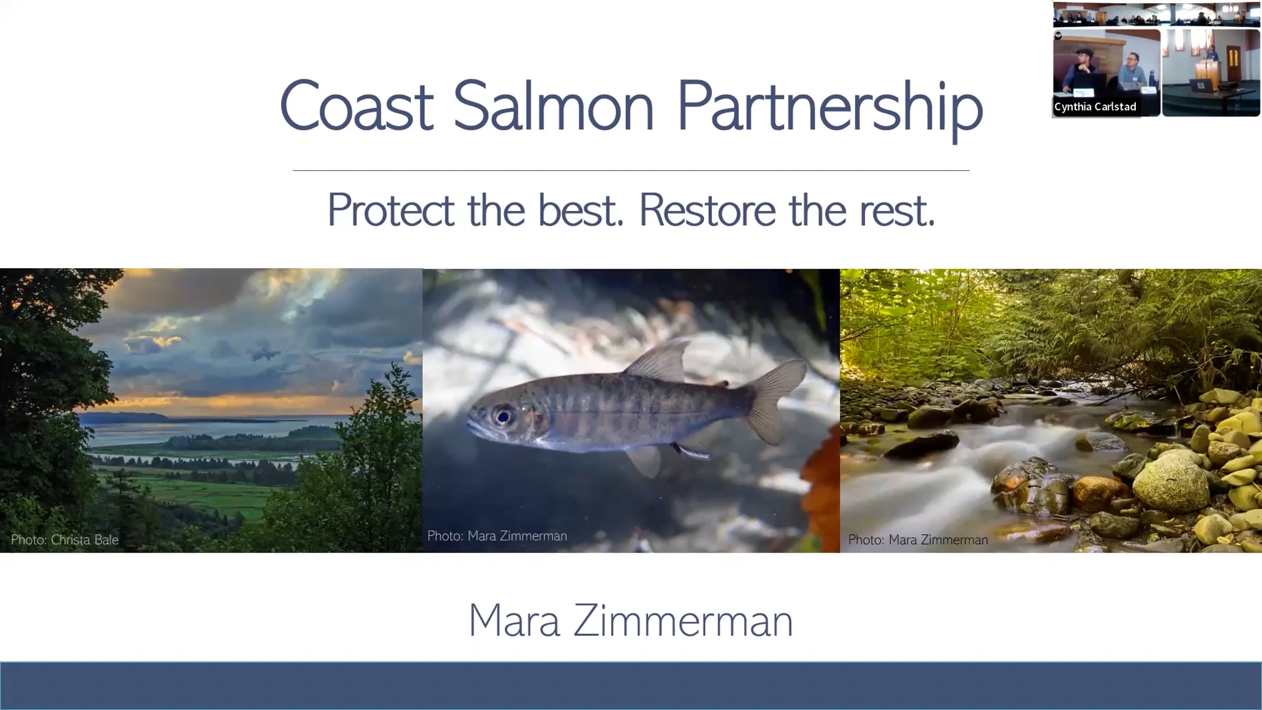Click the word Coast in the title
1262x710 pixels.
click(357, 105)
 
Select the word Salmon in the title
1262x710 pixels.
click(553, 105)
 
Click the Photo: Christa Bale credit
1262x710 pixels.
click(65, 540)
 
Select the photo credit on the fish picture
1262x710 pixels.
click(497, 536)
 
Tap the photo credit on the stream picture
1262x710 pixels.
click(918, 540)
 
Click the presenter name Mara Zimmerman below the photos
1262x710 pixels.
click(630, 621)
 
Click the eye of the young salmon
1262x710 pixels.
click(503, 416)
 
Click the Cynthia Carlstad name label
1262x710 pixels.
click(1095, 107)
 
